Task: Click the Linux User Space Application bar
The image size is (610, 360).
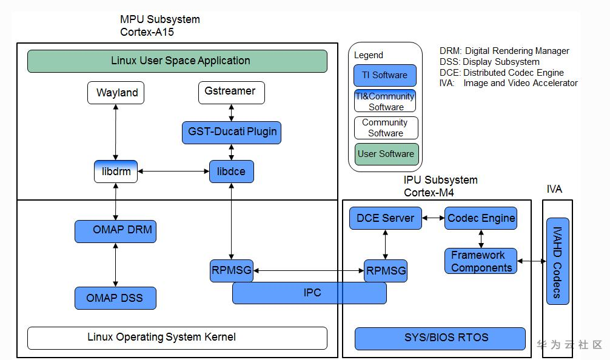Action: pyautogui.click(x=177, y=61)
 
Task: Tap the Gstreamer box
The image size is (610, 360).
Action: pyautogui.click(x=231, y=92)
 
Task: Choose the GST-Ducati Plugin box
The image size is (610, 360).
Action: pyautogui.click(x=231, y=132)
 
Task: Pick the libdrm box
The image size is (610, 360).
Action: pyautogui.click(x=116, y=172)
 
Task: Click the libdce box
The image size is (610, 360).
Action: pyautogui.click(x=231, y=172)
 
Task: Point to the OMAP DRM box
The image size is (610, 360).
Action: pyautogui.click(x=115, y=231)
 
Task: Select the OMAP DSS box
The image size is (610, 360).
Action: pyautogui.click(x=115, y=298)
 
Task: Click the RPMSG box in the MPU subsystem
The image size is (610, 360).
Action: pyautogui.click(x=231, y=270)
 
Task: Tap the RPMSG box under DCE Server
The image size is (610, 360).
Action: pyautogui.click(x=385, y=271)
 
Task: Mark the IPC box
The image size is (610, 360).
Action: pyautogui.click(x=309, y=293)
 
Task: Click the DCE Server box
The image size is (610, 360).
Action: pyautogui.click(x=385, y=218)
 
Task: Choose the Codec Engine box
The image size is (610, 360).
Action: pyautogui.click(x=481, y=218)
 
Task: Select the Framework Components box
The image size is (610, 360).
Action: pyautogui.click(x=481, y=262)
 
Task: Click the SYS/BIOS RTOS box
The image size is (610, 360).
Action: pyautogui.click(x=440, y=338)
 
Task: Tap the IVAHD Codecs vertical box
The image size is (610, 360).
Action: pyautogui.click(x=557, y=261)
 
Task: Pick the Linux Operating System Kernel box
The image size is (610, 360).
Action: pyautogui.click(x=177, y=338)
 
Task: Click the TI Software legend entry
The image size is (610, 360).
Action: pyautogui.click(x=385, y=75)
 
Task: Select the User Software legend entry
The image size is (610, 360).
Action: pyautogui.click(x=386, y=154)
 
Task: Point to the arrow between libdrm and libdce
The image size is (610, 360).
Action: pyautogui.click(x=173, y=172)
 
